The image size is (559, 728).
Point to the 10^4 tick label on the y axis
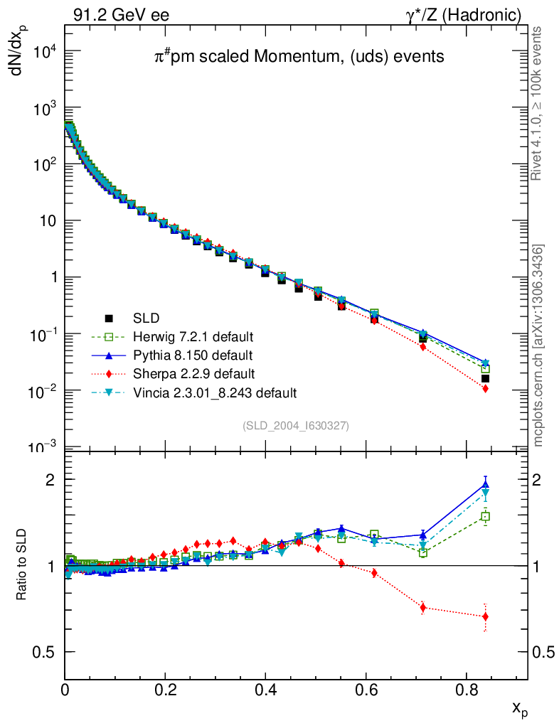pyautogui.click(x=43, y=52)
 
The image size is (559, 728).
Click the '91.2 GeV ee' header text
pyautogui.click(x=121, y=15)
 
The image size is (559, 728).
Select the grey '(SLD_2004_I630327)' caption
pyautogui.click(x=296, y=426)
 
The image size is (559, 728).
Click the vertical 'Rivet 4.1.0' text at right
pyautogui.click(x=537, y=103)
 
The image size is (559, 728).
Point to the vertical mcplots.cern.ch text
pyautogui.click(x=538, y=345)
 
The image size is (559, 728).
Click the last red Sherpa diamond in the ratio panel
pyautogui.click(x=486, y=616)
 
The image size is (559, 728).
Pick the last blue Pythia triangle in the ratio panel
pyautogui.click(x=486, y=485)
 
